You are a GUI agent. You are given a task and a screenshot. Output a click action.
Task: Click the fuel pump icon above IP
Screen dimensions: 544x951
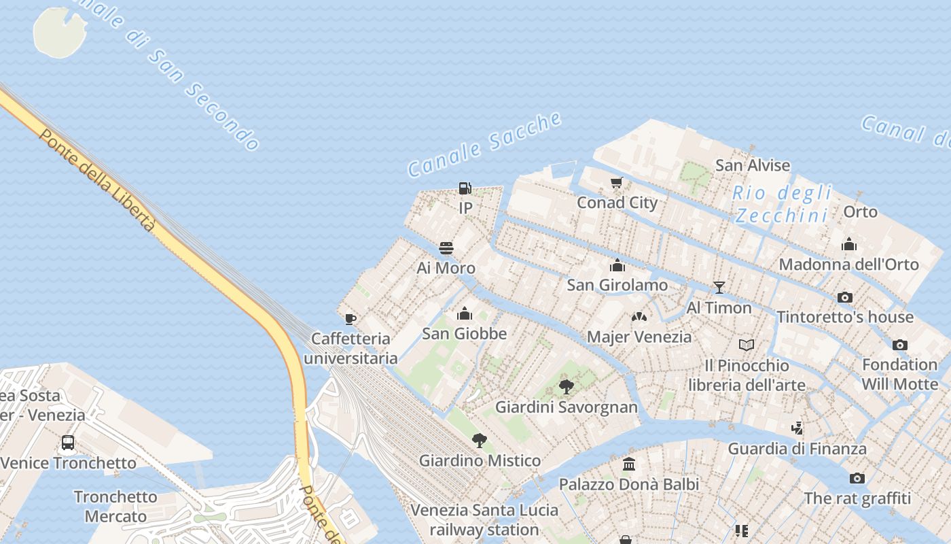tap(465, 188)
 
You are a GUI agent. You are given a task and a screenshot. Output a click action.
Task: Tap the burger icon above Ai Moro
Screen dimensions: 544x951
tap(446, 248)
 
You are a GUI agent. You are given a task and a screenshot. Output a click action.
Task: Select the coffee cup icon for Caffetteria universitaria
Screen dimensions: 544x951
tap(351, 318)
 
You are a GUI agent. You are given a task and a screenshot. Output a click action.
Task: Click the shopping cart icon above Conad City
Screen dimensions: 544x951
tap(617, 182)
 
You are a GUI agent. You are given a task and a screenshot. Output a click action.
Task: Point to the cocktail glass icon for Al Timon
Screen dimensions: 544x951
tap(719, 288)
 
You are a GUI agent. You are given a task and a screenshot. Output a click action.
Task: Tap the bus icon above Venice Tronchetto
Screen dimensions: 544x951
tap(68, 443)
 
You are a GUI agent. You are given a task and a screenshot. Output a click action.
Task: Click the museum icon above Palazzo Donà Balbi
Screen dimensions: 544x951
tap(629, 464)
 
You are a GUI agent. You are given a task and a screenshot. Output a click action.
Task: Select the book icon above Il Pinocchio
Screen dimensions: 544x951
tap(747, 345)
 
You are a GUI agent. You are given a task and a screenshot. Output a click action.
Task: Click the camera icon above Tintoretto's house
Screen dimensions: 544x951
tap(845, 297)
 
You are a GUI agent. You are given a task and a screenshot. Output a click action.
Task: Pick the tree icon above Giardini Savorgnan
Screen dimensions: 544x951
tap(566, 387)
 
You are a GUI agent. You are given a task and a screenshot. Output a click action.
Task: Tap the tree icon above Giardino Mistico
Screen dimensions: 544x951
tap(480, 440)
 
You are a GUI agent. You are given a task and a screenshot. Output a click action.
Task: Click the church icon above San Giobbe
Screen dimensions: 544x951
tap(465, 313)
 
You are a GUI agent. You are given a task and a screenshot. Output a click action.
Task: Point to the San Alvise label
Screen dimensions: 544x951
tap(753, 165)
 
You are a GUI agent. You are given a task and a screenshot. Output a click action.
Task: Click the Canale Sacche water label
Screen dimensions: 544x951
tap(485, 145)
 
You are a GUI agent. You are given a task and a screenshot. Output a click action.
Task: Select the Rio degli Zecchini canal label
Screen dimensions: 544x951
tap(782, 204)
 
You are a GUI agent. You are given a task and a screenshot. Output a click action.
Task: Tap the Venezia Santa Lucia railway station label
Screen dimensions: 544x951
tap(484, 520)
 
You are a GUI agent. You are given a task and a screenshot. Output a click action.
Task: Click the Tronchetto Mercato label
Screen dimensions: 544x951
tap(115, 507)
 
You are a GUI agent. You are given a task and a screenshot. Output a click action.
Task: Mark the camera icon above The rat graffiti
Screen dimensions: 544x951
tap(857, 478)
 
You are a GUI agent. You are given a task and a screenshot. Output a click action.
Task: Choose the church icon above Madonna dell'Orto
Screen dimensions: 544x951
tap(848, 245)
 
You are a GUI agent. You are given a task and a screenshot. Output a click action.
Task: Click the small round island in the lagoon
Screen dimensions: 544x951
tap(60, 31)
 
